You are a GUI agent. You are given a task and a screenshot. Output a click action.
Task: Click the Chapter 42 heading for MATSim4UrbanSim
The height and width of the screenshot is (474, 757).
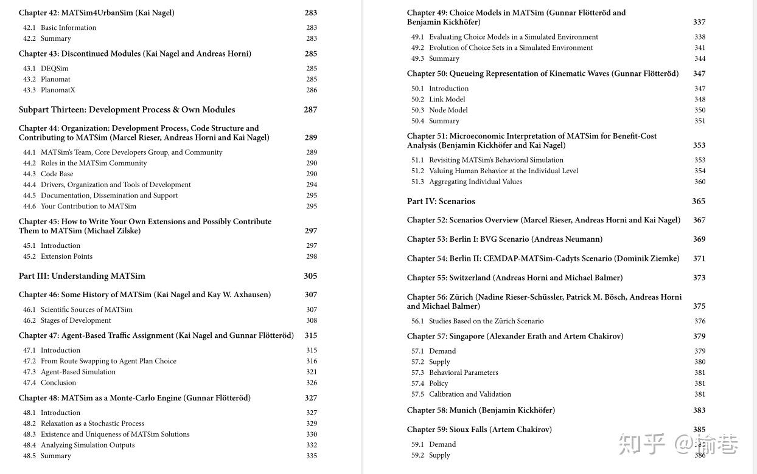click(x=96, y=13)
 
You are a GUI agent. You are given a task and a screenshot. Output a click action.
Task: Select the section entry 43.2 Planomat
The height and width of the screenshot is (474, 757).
click(x=55, y=79)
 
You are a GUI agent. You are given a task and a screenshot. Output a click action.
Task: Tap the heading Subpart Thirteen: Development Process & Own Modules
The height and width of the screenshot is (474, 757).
click(x=127, y=110)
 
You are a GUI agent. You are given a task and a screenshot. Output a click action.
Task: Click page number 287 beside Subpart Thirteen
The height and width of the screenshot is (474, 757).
click(x=310, y=110)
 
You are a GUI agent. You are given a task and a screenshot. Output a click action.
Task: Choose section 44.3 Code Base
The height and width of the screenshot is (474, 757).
click(x=57, y=174)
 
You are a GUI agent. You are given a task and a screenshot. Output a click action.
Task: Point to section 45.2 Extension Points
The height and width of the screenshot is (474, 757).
click(x=66, y=256)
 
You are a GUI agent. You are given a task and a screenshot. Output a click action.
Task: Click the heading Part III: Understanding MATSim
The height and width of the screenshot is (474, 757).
click(x=82, y=276)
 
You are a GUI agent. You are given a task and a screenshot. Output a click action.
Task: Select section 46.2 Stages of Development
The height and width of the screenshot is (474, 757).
click(x=75, y=320)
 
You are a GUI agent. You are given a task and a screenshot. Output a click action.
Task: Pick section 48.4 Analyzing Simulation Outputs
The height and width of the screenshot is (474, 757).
click(x=87, y=445)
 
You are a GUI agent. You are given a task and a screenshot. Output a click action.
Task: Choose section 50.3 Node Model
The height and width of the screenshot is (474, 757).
click(x=448, y=110)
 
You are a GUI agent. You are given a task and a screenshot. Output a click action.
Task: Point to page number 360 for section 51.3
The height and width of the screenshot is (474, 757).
click(x=700, y=182)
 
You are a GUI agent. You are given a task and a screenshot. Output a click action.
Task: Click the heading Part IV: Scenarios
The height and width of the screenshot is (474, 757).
click(x=441, y=201)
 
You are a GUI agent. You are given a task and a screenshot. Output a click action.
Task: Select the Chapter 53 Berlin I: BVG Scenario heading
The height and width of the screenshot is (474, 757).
click(x=504, y=239)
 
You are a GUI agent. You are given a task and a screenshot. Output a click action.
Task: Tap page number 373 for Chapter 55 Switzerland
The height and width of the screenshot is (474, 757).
click(x=699, y=278)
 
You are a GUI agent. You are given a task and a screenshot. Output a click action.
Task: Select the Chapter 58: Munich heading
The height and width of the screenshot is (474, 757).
click(x=481, y=410)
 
